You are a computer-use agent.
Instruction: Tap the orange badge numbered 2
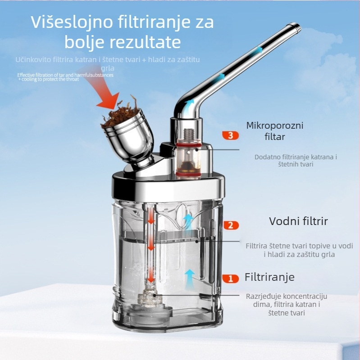click(x=230, y=225)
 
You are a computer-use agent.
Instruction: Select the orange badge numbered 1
click(x=230, y=279)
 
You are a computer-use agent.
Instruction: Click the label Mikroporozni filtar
click(x=274, y=130)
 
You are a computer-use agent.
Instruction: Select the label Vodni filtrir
click(x=298, y=221)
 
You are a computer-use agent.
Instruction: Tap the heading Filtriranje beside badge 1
click(x=269, y=276)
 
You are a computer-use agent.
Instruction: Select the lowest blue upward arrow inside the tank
click(x=190, y=274)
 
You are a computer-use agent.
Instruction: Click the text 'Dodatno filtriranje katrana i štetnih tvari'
click(x=296, y=161)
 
